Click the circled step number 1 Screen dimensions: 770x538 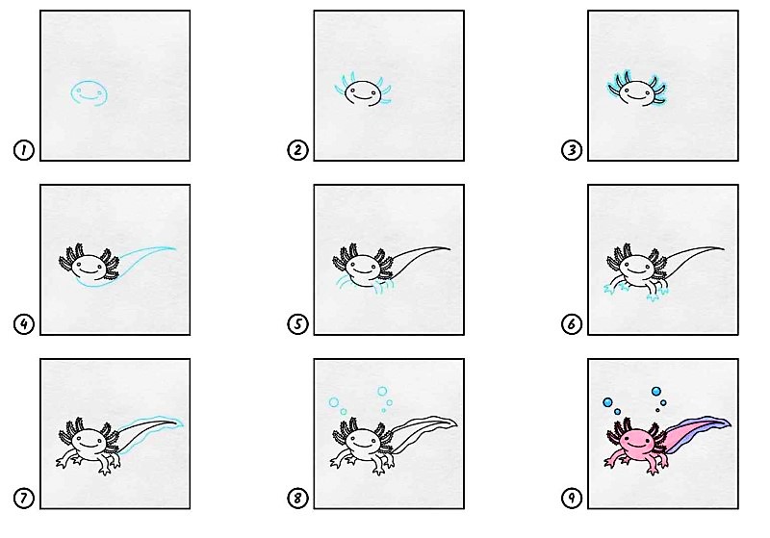coord(23,150)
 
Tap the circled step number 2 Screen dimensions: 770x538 coord(297,150)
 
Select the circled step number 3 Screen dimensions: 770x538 coord(572,150)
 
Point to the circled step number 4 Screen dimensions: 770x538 coord(23,324)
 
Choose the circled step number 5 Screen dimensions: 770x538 coord(297,324)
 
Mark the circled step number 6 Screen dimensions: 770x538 coord(572,324)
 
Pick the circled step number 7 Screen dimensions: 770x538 coord(23,499)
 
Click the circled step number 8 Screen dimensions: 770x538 coord(297,499)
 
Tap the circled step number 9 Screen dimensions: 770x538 coord(572,499)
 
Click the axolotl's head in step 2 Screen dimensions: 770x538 coord(363,93)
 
